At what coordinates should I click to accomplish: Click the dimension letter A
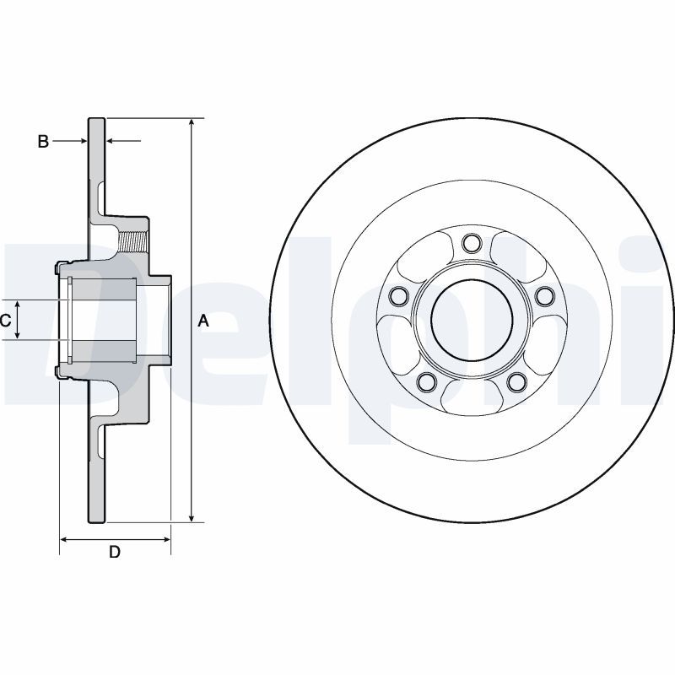[x=202, y=320]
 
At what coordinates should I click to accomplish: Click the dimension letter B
[x=43, y=142]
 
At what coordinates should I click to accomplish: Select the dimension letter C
[x=5, y=320]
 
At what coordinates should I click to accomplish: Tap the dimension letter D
[x=115, y=553]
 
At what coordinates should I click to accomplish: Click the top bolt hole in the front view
[x=472, y=245]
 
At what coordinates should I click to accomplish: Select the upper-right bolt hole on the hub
[x=544, y=295]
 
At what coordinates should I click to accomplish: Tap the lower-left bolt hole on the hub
[x=427, y=382]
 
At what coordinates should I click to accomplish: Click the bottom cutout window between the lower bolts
[x=472, y=393]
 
